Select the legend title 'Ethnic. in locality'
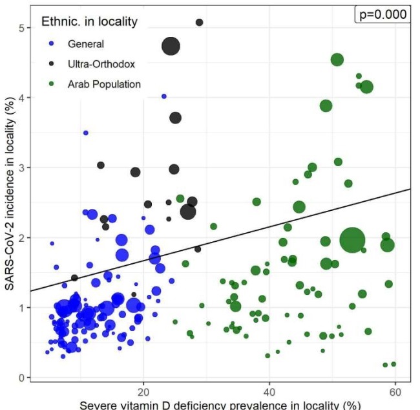89,21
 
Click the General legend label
86,44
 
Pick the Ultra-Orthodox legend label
101,64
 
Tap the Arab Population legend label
104,84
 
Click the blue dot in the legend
52,44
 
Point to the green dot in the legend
52,84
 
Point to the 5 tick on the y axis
21,28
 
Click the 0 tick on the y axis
21,378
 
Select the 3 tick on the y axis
21,168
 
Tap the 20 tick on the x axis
143,392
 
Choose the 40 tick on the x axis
269,392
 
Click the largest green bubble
353,240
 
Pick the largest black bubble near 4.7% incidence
171,46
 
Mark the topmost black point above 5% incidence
199,22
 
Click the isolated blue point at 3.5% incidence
85,133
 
